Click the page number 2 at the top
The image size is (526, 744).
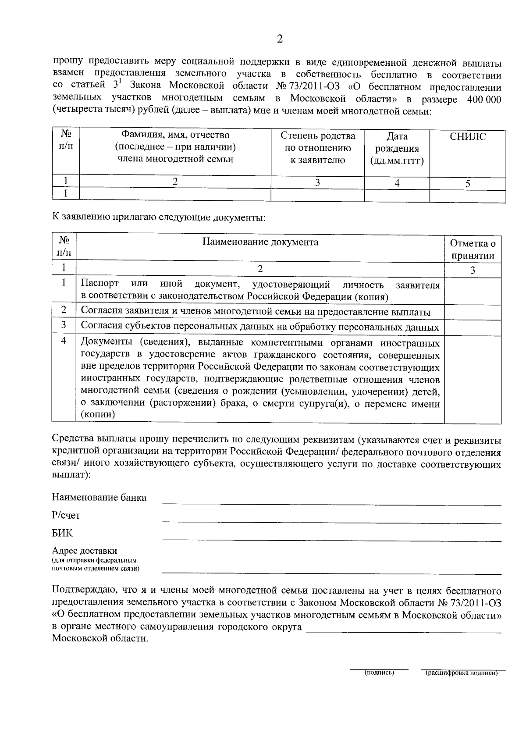[x=280, y=39]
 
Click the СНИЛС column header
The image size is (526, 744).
[x=468, y=137]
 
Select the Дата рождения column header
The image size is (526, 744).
[x=397, y=149]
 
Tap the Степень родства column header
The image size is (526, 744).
[x=318, y=148]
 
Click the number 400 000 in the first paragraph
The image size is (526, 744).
[x=484, y=100]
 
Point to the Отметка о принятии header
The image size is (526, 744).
[x=473, y=249]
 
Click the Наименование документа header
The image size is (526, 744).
[x=260, y=242]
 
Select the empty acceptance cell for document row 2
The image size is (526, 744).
[x=473, y=312]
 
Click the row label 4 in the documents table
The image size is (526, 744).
[x=64, y=340]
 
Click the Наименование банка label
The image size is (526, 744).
[x=99, y=497]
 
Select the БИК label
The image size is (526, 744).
[x=62, y=533]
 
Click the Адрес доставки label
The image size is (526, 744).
[x=85, y=551]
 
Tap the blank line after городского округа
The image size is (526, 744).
[x=403, y=630]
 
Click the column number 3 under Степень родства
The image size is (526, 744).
[x=317, y=183]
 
